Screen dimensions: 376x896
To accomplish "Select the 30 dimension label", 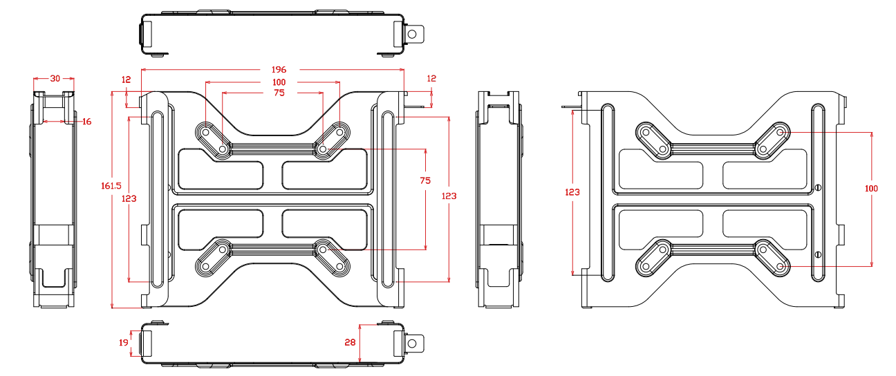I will [55, 79].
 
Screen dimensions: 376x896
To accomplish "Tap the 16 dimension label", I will [86, 122].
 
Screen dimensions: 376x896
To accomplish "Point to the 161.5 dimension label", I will [111, 186].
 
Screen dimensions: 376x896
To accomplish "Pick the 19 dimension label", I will [123, 342].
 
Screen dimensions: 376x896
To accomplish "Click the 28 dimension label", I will [349, 342].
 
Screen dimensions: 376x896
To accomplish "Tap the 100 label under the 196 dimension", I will [279, 83].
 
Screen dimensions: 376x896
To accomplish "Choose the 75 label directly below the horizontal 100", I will [279, 93].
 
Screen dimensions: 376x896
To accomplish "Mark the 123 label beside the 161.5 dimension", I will [129, 198].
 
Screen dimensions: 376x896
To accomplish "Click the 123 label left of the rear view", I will [572, 192].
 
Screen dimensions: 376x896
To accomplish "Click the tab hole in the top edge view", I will [412, 32].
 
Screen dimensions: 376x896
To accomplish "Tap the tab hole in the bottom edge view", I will [412, 341].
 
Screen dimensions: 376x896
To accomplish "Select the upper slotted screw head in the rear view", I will [819, 187].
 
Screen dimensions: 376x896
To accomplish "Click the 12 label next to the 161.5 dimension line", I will [126, 80].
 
